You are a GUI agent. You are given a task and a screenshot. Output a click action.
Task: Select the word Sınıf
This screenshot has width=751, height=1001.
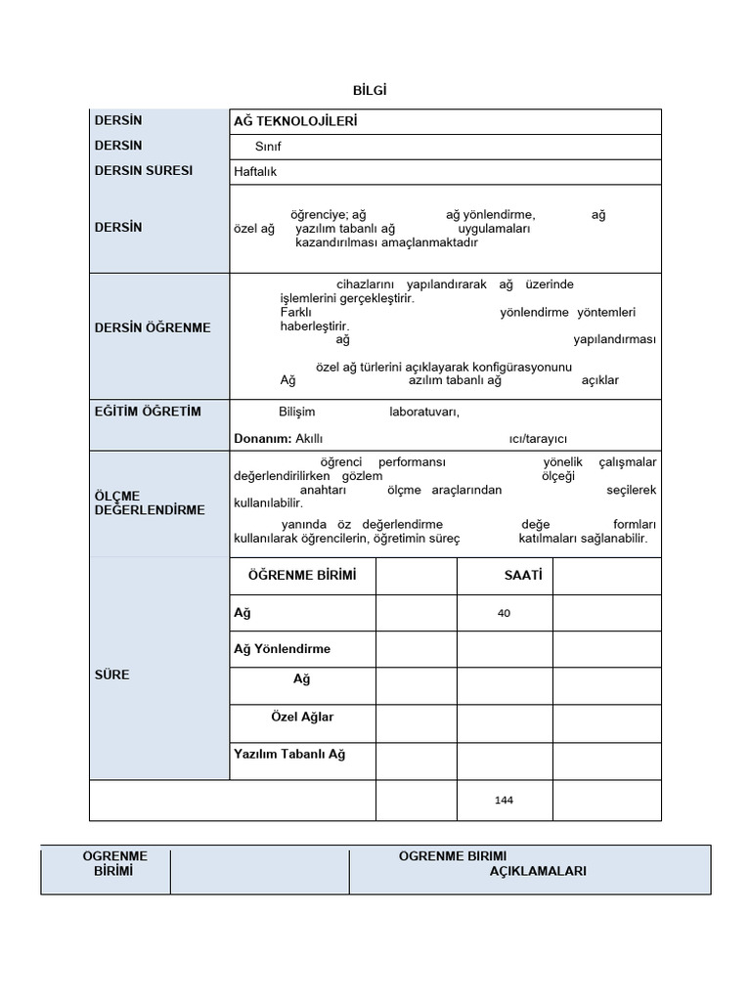tap(267, 147)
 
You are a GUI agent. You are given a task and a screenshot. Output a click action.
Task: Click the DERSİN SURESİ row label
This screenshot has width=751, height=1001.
tap(143, 170)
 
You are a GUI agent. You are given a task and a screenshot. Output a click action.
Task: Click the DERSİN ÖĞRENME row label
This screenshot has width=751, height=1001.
tap(152, 327)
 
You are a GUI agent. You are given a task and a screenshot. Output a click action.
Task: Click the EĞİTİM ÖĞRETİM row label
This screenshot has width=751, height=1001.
tap(148, 412)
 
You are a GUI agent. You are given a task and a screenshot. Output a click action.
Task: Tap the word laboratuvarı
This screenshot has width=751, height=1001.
tap(423, 413)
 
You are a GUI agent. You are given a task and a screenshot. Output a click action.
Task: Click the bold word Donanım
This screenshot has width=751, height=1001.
tap(262, 439)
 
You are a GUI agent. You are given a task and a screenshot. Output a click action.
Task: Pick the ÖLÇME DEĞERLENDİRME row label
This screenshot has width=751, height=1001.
tap(149, 502)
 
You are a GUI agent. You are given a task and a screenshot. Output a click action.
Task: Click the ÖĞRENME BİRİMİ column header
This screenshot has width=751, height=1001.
tap(302, 576)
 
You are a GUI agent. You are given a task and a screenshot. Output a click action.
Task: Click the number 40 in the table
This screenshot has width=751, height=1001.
tap(504, 613)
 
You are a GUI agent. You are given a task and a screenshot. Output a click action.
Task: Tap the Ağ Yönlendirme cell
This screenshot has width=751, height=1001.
tap(282, 649)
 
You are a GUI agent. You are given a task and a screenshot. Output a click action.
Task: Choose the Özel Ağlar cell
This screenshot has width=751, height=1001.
tap(302, 717)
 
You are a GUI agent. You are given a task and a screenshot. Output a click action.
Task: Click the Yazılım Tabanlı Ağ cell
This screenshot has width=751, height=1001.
tap(289, 754)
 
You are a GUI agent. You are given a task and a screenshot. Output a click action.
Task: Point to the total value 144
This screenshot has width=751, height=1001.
tap(504, 801)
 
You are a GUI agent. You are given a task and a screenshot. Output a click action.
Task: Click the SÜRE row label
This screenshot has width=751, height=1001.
tap(111, 675)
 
